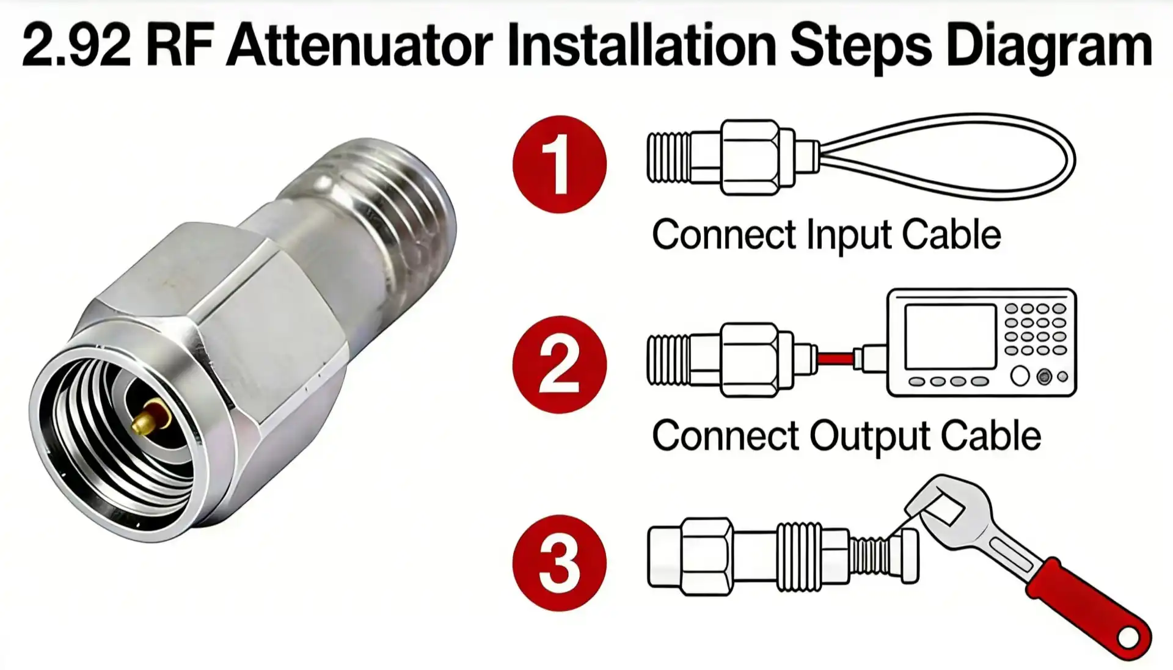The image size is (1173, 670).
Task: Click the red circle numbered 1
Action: pos(559,164)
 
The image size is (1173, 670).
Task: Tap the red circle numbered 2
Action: pos(559,365)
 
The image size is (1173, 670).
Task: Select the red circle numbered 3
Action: pos(559,563)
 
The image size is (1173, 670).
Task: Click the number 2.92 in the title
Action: pos(76,46)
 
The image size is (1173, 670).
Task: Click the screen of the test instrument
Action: pos(950,337)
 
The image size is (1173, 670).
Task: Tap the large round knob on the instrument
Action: pos(1020,376)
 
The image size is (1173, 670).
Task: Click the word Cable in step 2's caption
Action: pos(990,436)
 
